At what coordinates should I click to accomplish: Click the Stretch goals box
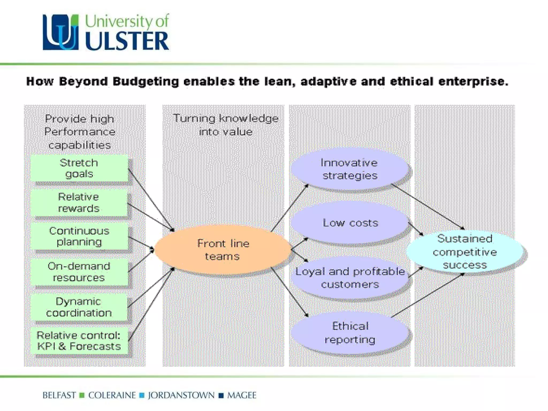(x=79, y=168)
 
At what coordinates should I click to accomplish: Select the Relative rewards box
(x=79, y=203)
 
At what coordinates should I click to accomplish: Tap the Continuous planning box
(x=79, y=236)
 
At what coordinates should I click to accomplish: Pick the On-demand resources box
(x=79, y=272)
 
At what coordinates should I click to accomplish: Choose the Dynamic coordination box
(x=79, y=307)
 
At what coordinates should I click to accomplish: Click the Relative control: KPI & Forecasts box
(x=79, y=341)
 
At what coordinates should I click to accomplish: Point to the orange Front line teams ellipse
(x=223, y=250)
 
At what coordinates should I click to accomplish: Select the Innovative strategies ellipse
(x=349, y=169)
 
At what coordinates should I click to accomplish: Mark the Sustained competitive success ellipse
(x=465, y=252)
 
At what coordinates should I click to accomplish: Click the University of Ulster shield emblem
(x=60, y=32)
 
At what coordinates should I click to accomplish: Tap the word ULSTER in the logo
(x=127, y=41)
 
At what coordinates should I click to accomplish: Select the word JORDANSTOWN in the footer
(x=181, y=395)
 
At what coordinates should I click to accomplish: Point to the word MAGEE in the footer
(x=242, y=395)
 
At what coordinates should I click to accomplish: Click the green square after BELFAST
(x=82, y=395)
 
